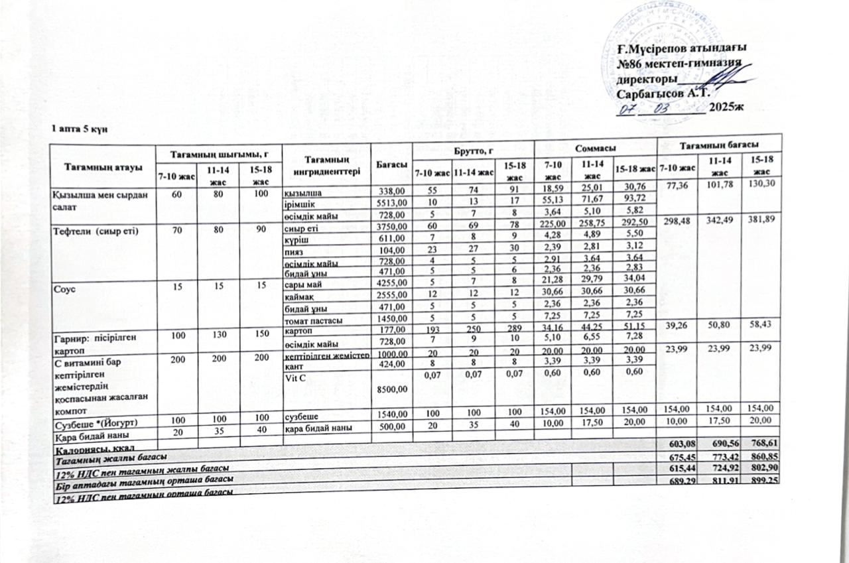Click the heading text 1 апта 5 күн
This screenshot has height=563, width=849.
76,128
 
